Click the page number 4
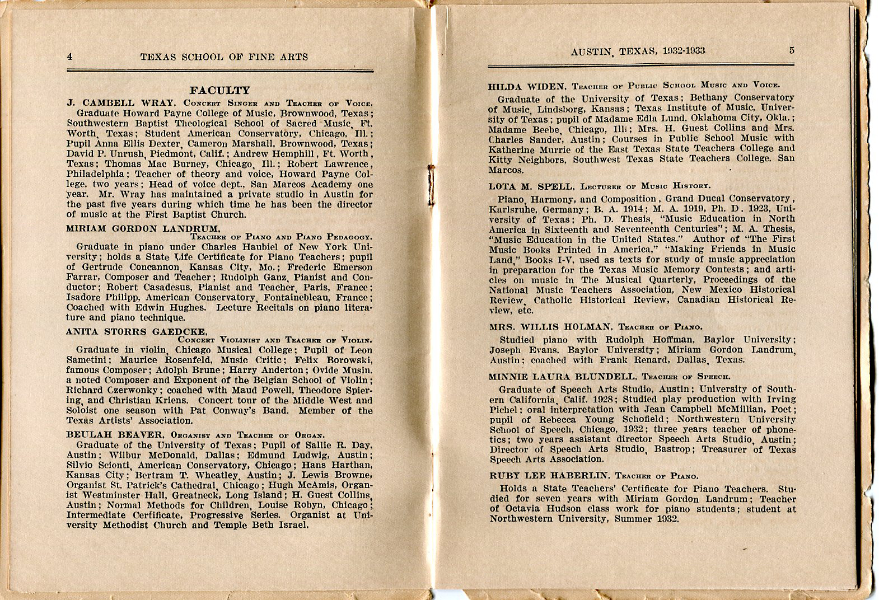point(70,56)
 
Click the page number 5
point(792,50)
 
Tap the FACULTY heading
point(219,90)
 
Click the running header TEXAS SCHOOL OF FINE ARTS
point(224,57)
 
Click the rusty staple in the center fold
point(432,179)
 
